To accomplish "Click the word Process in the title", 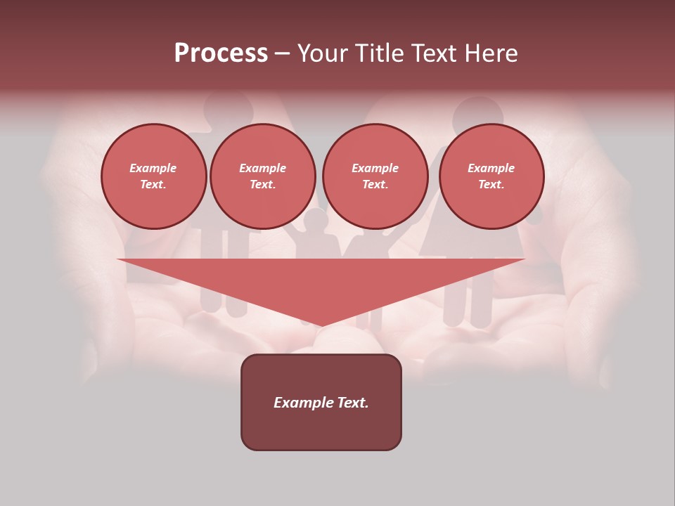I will pyautogui.click(x=221, y=53).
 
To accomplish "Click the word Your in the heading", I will pyautogui.click(x=324, y=53).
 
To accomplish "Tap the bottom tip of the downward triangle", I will pyautogui.click(x=322, y=325).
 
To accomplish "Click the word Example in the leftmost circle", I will pyautogui.click(x=153, y=168).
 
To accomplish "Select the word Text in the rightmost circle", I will pyautogui.click(x=491, y=185).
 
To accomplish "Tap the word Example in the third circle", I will pyautogui.click(x=375, y=168).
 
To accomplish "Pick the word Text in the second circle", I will pyautogui.click(x=262, y=185).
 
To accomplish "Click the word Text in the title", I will pyautogui.click(x=435, y=53).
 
